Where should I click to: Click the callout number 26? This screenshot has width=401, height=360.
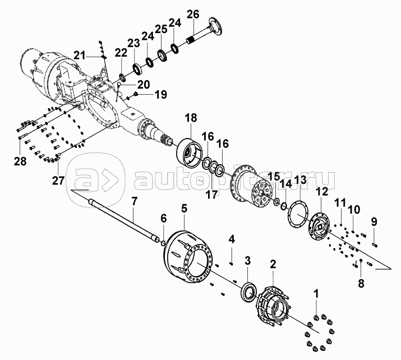coord(193,15)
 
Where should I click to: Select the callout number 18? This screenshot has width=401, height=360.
coord(191,118)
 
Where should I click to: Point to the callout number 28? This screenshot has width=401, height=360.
coord(20,161)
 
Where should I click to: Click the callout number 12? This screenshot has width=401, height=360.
coord(322,191)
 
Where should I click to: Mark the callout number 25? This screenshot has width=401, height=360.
coord(161,29)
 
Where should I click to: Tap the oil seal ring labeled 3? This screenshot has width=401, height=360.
coord(248,291)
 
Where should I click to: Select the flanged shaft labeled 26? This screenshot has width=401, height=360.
coord(203,32)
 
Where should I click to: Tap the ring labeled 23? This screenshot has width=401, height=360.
coord(138,70)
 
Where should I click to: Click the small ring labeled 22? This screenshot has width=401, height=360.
coord(122,77)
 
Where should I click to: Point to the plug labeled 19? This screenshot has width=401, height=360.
coord(136,94)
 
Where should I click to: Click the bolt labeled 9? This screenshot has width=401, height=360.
coord(375,245)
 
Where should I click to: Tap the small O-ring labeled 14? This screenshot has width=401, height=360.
coord(283,206)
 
